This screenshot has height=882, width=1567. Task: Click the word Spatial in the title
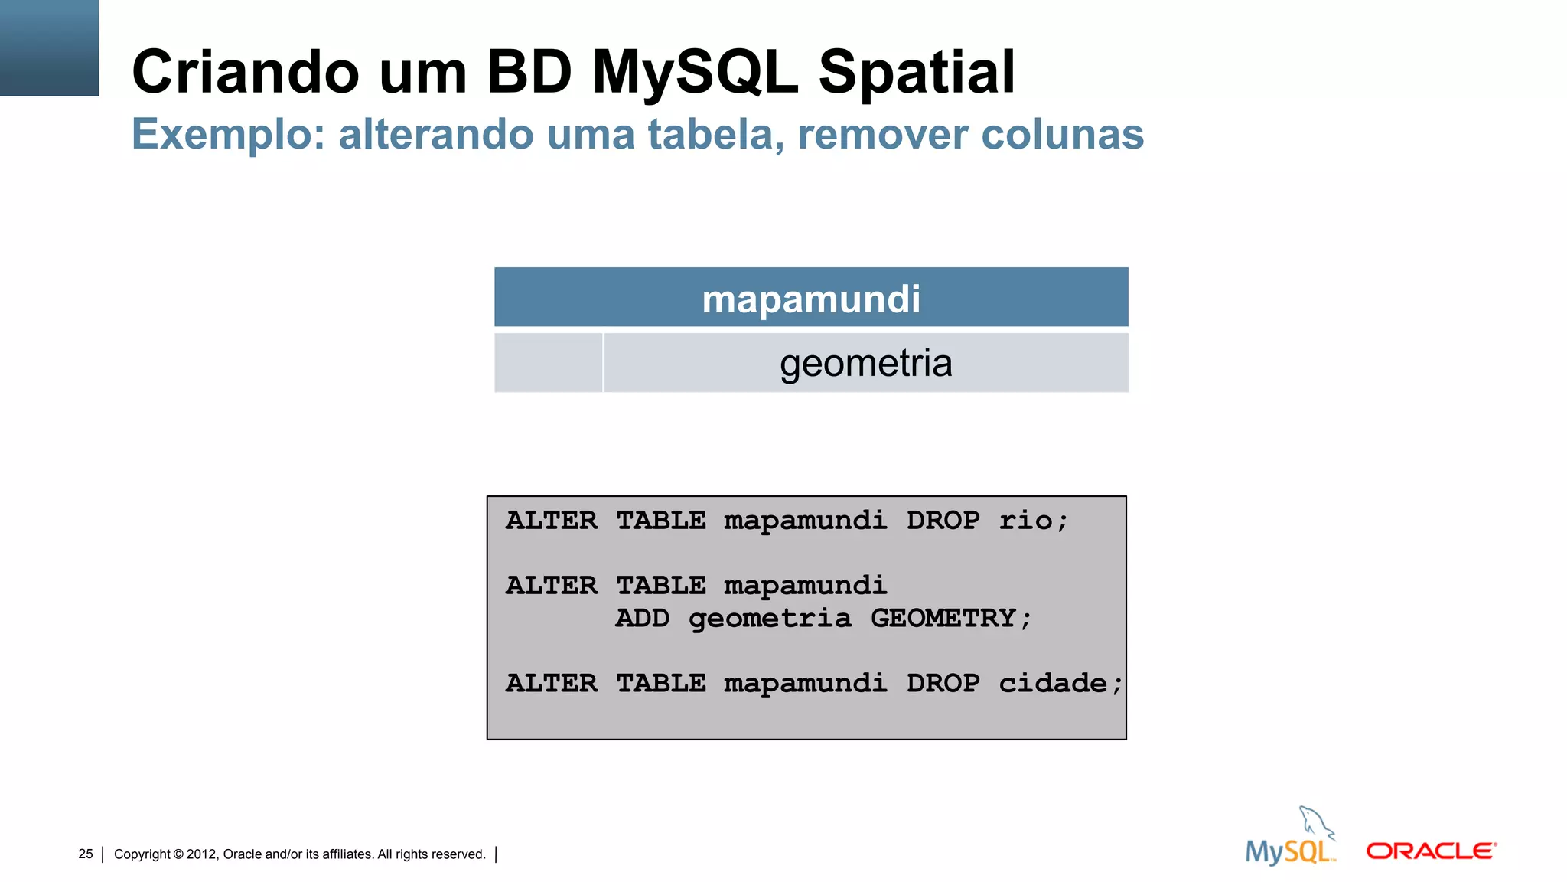click(x=916, y=72)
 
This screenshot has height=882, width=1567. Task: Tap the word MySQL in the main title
click(x=695, y=72)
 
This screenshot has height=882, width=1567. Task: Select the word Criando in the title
click(x=246, y=72)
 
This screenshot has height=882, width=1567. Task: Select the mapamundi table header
click(x=811, y=299)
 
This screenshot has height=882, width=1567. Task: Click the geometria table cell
click(x=865, y=363)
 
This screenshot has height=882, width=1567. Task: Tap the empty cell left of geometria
click(x=548, y=363)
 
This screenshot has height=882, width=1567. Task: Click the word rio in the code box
click(x=1025, y=521)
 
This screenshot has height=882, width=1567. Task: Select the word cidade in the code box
click(x=1053, y=683)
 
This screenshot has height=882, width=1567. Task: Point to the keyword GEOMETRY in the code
click(x=943, y=618)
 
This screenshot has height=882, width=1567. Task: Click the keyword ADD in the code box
click(x=642, y=618)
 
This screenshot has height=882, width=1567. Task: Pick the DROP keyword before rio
click(x=943, y=521)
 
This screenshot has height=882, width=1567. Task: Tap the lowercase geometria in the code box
click(x=769, y=619)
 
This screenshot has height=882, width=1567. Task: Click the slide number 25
click(x=86, y=854)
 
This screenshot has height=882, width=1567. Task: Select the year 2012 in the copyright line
click(x=202, y=854)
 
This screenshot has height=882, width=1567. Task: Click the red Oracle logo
click(x=1431, y=851)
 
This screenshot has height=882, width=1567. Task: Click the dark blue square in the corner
click(x=49, y=47)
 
